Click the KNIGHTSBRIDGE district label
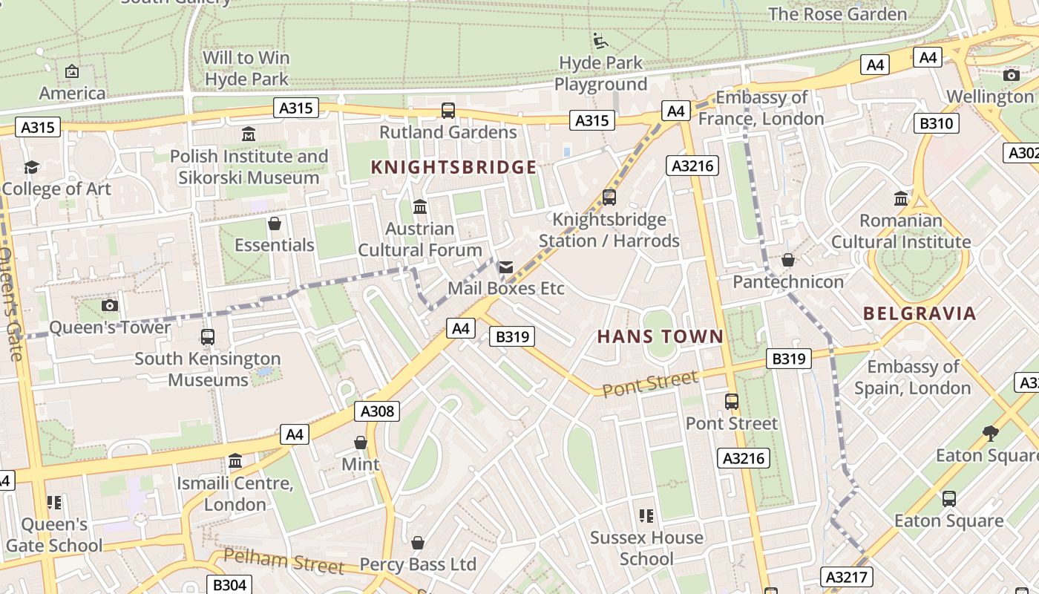[x=453, y=167]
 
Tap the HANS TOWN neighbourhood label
[x=660, y=336]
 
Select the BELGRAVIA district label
[x=920, y=313]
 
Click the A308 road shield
[x=377, y=411]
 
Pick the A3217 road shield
[x=847, y=576]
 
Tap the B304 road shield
[x=229, y=584]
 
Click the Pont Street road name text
[x=649, y=384]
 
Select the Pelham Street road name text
[x=283, y=561]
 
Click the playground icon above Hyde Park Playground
[x=600, y=40]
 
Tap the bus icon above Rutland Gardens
[x=448, y=111]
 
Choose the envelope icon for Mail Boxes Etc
[x=505, y=267]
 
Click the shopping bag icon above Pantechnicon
[x=788, y=260]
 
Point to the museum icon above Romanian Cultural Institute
[x=901, y=198]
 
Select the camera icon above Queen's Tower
[x=109, y=305]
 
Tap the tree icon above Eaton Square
[x=990, y=433]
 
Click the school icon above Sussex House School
[x=646, y=515]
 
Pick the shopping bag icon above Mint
[x=361, y=443]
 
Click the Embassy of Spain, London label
[x=912, y=377]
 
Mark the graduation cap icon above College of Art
[x=31, y=167]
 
